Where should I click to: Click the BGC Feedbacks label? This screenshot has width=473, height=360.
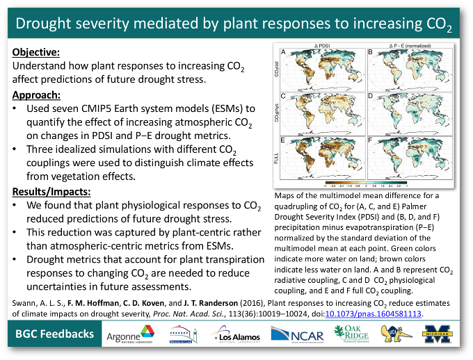pos(55,335)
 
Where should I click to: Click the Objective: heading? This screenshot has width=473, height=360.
pos(36,52)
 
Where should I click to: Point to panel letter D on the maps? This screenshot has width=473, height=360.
pos(371,95)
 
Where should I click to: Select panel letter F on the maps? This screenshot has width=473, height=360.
pos(371,139)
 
